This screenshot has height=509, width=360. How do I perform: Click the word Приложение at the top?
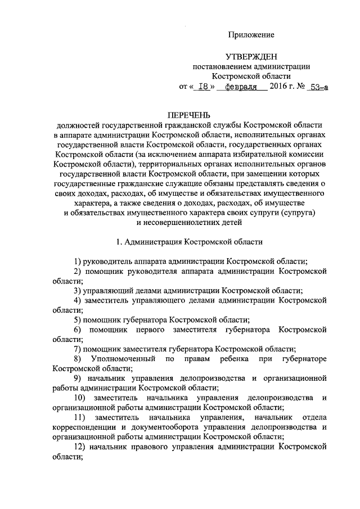[x=251, y=35]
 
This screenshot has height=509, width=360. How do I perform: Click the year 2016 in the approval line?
[x=278, y=86]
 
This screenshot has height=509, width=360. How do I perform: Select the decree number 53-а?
[x=318, y=87]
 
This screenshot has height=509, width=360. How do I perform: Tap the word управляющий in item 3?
[x=107, y=291]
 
